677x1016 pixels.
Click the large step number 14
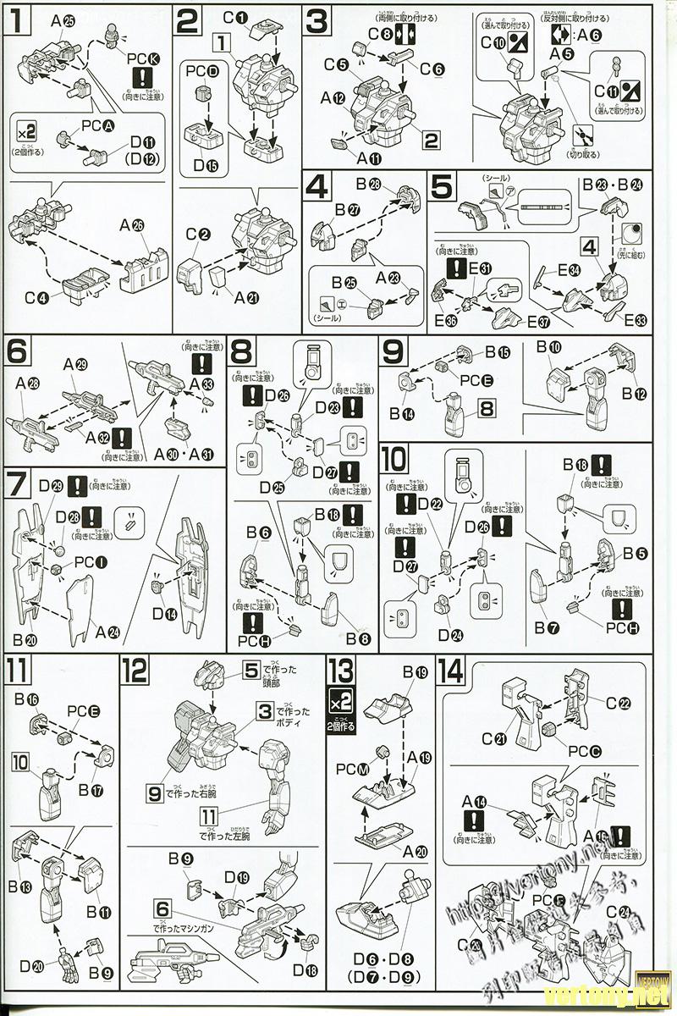pyautogui.click(x=452, y=672)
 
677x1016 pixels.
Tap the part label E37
pyautogui.click(x=538, y=322)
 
